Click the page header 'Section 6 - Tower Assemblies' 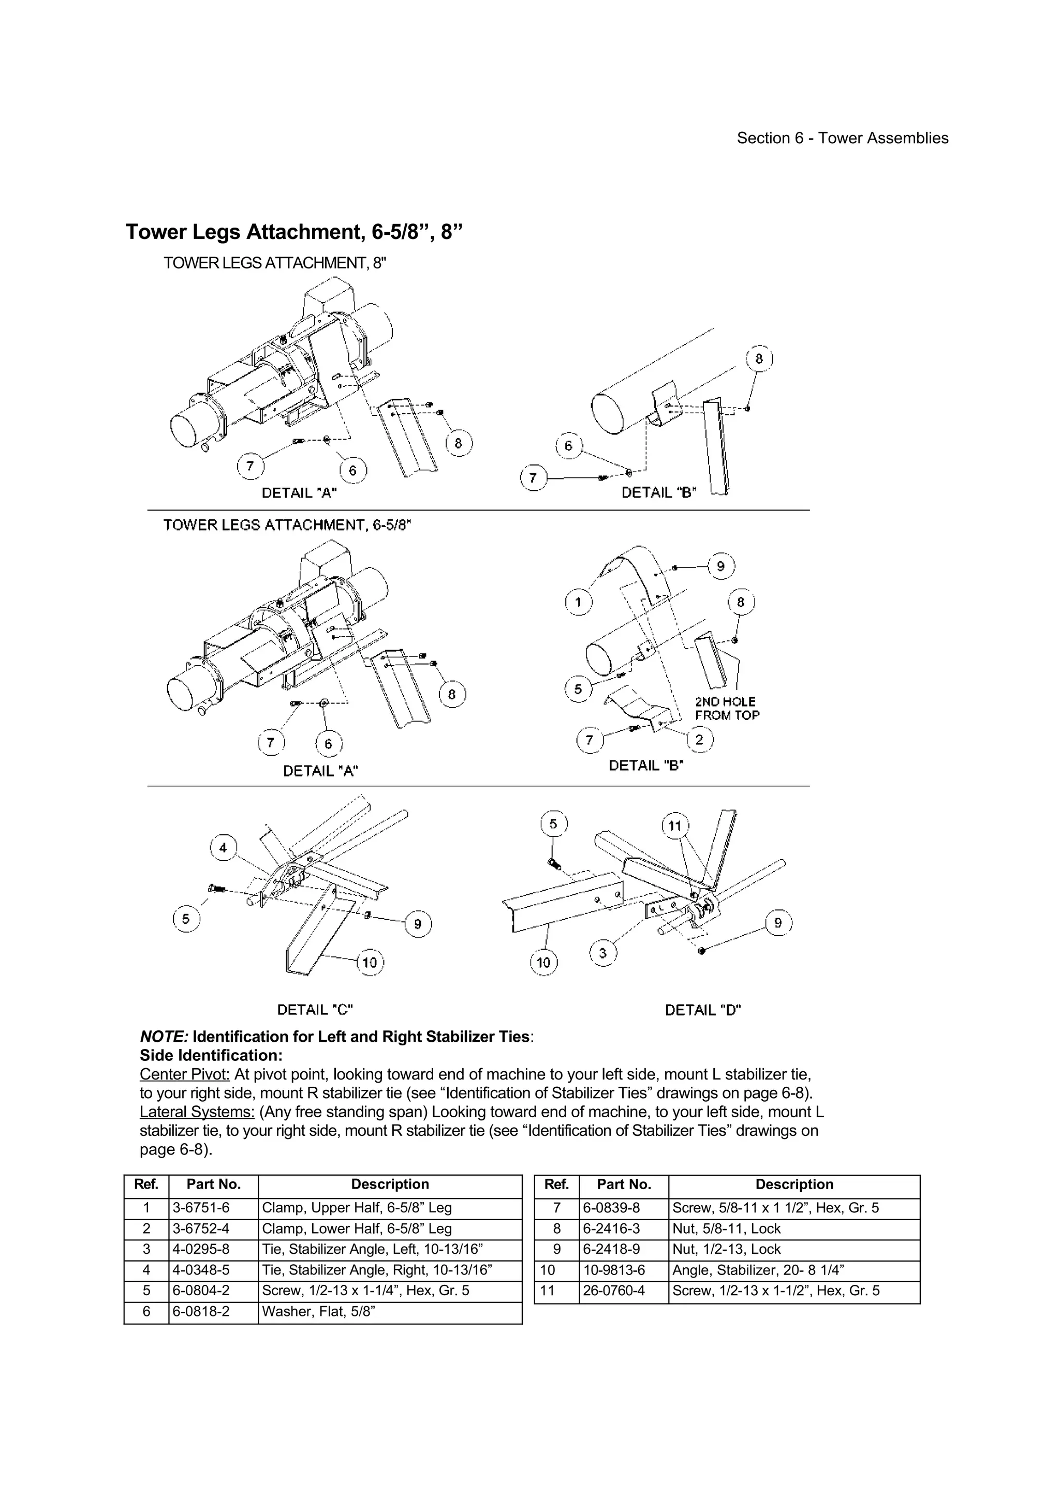842,139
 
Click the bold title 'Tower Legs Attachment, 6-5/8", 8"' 293,232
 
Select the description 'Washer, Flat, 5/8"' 318,1312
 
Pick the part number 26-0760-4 613,1291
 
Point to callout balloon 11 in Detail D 675,826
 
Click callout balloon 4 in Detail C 224,847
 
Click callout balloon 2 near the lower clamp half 699,740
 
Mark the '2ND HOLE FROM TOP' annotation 727,708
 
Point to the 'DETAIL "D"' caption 703,1010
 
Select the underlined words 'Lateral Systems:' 197,1112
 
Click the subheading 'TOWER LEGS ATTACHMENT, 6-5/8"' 287,525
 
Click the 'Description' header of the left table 390,1185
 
